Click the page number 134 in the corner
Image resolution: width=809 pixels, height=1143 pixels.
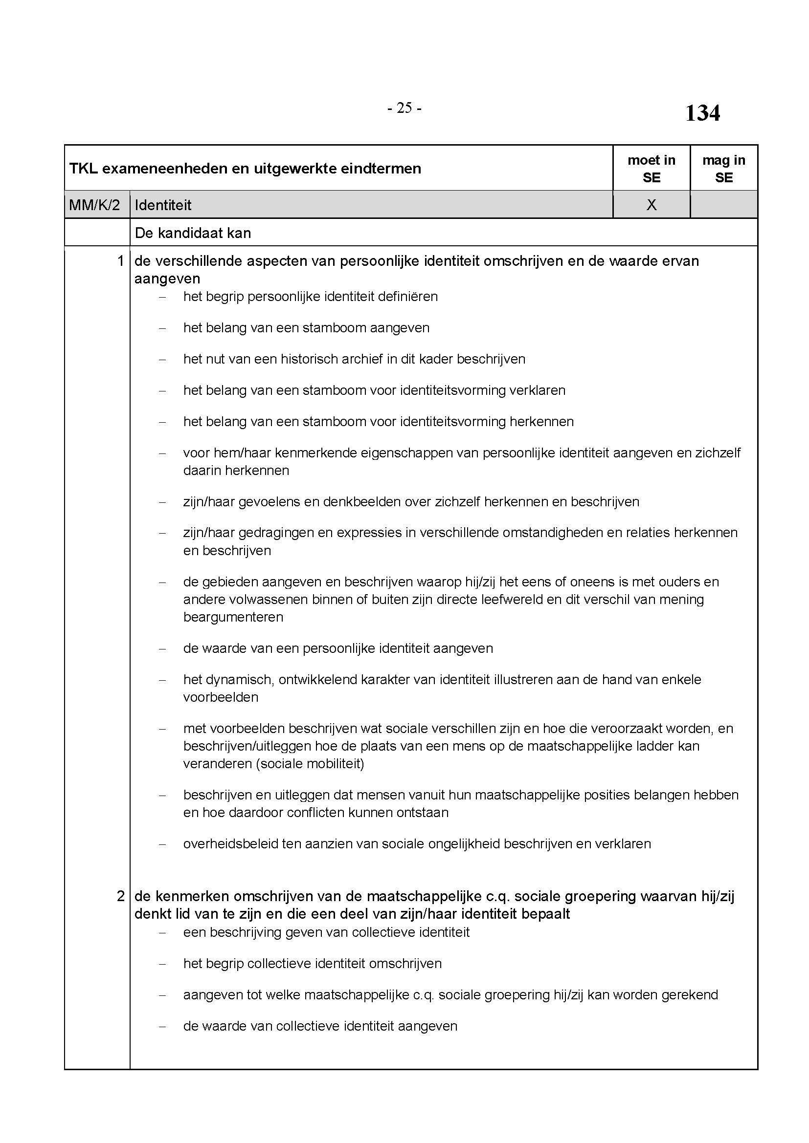click(x=702, y=113)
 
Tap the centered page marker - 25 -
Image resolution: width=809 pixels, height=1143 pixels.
click(x=404, y=108)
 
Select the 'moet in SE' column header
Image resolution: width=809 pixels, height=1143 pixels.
click(x=651, y=168)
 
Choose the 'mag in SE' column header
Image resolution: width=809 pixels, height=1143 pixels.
click(x=723, y=168)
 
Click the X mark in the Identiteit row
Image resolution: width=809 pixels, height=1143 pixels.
click(x=651, y=205)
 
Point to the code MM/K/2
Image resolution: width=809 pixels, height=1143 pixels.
click(x=95, y=205)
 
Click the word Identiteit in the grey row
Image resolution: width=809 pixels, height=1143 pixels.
click(x=163, y=205)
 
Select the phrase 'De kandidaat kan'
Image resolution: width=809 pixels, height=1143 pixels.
click(x=193, y=233)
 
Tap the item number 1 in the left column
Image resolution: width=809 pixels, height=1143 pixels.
click(x=120, y=261)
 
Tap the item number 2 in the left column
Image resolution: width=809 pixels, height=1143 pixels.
click(x=120, y=896)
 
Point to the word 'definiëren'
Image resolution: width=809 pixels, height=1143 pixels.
click(x=407, y=297)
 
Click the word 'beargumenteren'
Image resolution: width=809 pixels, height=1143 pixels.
click(x=233, y=617)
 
